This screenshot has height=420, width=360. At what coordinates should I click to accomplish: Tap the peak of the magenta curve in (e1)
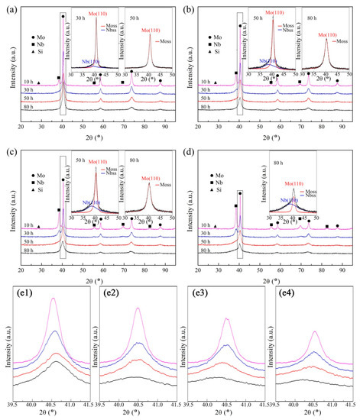coord(53,299)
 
